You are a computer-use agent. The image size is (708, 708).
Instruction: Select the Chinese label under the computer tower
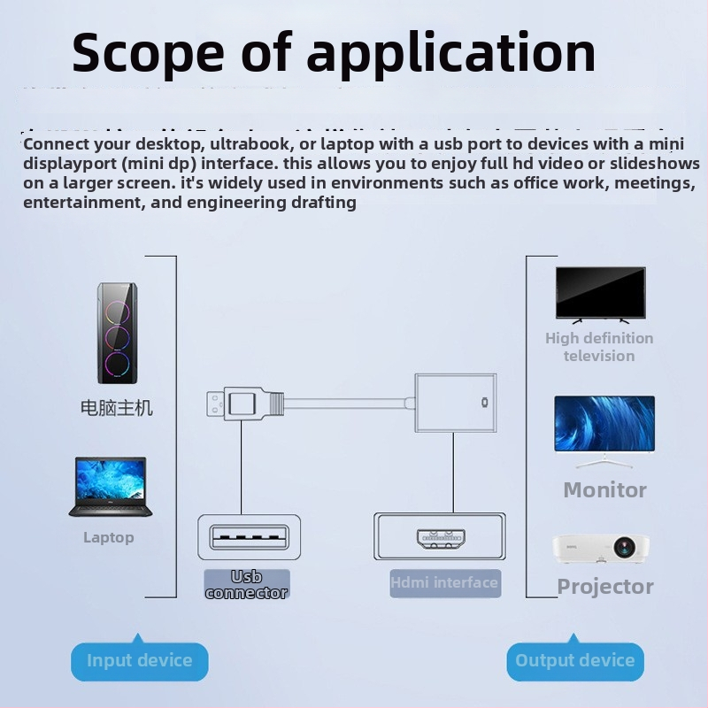117,408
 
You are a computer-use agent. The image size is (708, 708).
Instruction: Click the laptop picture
110,487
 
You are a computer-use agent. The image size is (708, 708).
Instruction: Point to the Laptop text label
109,537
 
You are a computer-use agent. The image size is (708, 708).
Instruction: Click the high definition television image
600,294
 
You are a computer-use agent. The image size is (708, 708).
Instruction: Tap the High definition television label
599,347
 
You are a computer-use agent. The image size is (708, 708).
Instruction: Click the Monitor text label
604,489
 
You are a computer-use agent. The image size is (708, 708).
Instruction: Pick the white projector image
602,549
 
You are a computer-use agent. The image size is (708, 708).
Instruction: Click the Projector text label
605,586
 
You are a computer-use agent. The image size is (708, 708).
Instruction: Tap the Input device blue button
139,661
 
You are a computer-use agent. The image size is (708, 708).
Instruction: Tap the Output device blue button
574,661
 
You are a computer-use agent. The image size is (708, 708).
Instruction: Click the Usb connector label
247,585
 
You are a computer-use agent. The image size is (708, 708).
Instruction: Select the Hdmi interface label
444,582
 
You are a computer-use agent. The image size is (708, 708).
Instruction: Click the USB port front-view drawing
249,537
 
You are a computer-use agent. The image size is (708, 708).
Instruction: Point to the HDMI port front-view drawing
440,537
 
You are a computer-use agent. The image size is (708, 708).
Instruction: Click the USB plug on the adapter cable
241,405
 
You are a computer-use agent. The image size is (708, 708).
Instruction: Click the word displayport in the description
70,164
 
